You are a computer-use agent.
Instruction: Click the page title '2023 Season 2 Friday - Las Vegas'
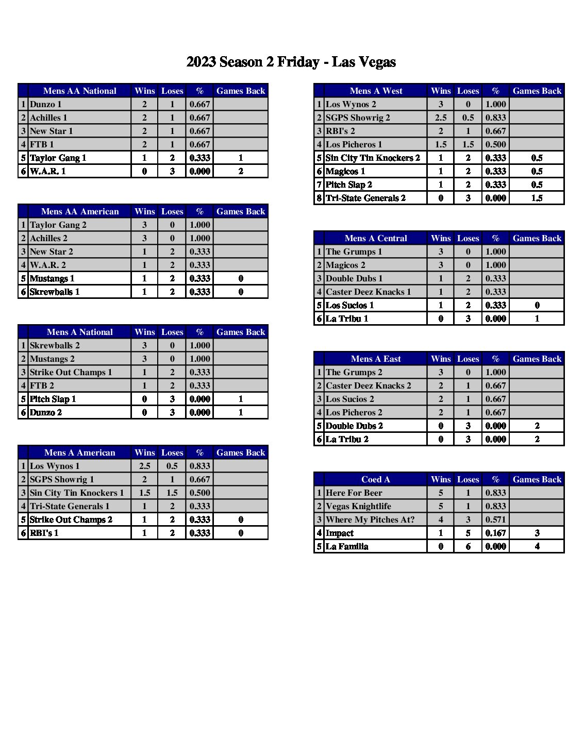point(291,62)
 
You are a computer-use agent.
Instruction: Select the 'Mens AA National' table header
point(80,91)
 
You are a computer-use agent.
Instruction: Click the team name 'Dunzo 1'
point(46,104)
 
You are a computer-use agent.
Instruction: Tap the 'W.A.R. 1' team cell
point(48,171)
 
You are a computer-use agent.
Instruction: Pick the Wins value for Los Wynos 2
point(441,104)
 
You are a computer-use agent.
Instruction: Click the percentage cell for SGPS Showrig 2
point(495,117)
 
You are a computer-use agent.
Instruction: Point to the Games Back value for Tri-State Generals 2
point(537,198)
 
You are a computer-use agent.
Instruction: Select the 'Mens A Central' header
point(376,238)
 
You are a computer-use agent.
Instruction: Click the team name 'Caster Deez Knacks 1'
point(369,292)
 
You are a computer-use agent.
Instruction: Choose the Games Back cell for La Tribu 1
point(537,318)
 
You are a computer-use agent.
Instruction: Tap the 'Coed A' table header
point(376,479)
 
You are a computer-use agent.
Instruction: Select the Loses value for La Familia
point(468,546)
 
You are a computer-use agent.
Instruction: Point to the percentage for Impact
point(495,533)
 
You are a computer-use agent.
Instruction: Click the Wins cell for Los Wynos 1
point(144,466)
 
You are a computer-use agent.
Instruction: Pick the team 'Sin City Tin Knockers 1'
point(77,493)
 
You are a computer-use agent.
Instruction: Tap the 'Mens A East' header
point(376,359)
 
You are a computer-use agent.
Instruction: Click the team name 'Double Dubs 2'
point(355,426)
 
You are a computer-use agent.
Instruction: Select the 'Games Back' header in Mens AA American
point(241,211)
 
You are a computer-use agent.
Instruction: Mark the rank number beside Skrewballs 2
point(23,345)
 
